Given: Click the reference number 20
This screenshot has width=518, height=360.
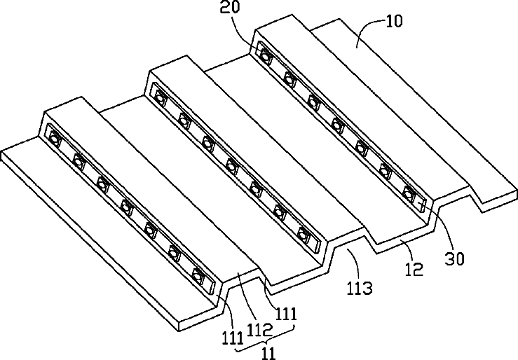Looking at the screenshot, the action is pos(230,7).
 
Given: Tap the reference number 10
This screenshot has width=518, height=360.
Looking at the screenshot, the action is pos(394,22).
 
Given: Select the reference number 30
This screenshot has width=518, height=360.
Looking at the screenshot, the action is pos(454,259).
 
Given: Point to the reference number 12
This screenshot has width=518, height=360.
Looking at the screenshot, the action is pos(414,270).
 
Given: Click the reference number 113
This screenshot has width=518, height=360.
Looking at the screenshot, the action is pos(360,288).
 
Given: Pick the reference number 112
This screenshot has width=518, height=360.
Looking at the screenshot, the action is pos(259,328).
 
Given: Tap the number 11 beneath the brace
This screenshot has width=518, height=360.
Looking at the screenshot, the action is pos(268,354).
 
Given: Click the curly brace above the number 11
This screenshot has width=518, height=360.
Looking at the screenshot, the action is pos(264,340).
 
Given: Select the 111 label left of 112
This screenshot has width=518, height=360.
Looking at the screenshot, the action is pos(233,338).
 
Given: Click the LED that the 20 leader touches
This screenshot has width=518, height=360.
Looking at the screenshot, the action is pos(265,56).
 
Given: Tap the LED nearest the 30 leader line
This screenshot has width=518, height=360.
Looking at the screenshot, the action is pos(409,194).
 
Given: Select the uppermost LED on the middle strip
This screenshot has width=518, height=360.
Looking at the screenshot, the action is pos(161,98).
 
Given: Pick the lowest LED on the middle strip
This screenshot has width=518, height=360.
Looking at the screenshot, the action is pos(303,233).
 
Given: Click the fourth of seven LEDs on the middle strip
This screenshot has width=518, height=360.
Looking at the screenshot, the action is pos(231,166).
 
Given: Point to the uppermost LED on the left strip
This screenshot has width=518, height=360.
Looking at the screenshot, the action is pos(54,139).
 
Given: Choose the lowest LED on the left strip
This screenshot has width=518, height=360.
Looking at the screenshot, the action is pos(198,275).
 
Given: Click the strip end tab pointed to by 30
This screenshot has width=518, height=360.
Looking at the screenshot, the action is pos(421,205).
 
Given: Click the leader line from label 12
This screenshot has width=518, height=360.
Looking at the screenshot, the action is pos(407,250).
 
